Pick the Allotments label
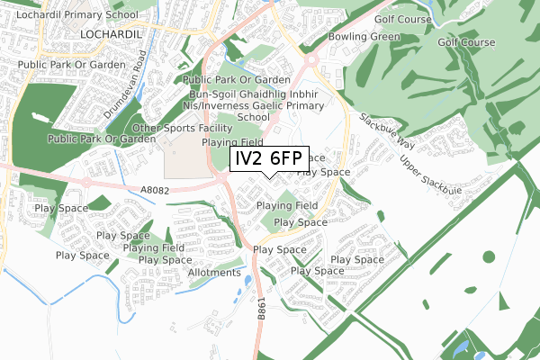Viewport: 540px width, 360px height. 215,272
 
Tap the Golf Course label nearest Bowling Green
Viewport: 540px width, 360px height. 373,16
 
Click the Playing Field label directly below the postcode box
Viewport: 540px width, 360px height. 285,206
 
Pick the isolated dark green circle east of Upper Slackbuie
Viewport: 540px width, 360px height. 489,256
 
